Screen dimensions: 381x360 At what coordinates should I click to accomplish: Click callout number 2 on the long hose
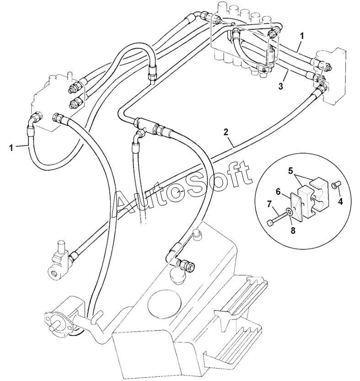[x=226, y=132]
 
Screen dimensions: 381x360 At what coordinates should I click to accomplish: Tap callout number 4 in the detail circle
[x=340, y=201]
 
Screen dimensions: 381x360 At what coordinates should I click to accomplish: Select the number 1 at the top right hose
[x=302, y=35]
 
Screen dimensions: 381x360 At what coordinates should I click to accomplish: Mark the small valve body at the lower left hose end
[x=58, y=265]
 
